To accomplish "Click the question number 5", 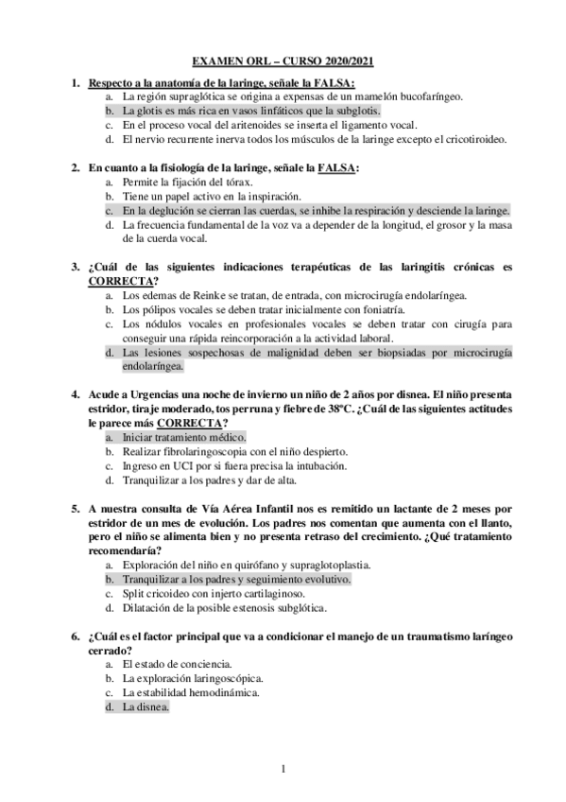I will pos(76,508).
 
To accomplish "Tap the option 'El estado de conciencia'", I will pos(179,664).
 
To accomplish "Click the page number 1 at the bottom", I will pos(283,767).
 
